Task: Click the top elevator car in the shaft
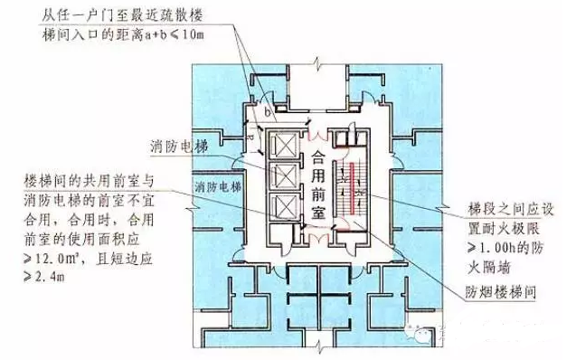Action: click(284, 147)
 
